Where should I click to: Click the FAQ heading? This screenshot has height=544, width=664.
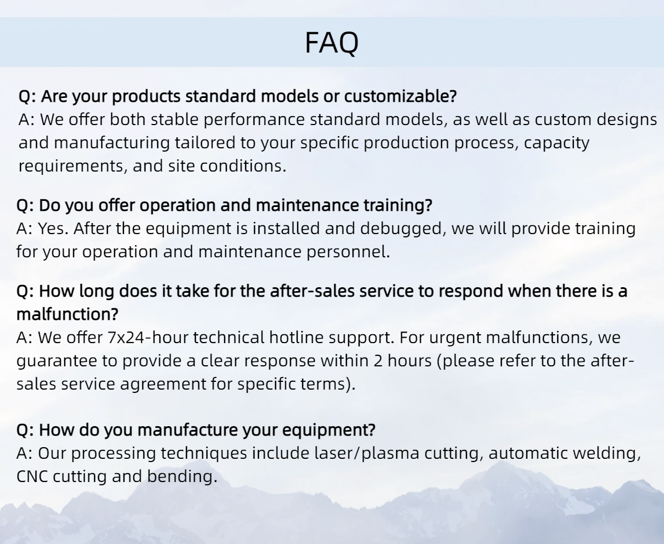(332, 43)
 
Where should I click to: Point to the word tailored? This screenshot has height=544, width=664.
(205, 143)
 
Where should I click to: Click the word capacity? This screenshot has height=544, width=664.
(557, 143)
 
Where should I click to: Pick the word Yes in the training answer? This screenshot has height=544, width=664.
(51, 228)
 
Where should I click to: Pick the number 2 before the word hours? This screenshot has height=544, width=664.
(378, 361)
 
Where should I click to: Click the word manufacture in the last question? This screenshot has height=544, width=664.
(188, 430)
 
